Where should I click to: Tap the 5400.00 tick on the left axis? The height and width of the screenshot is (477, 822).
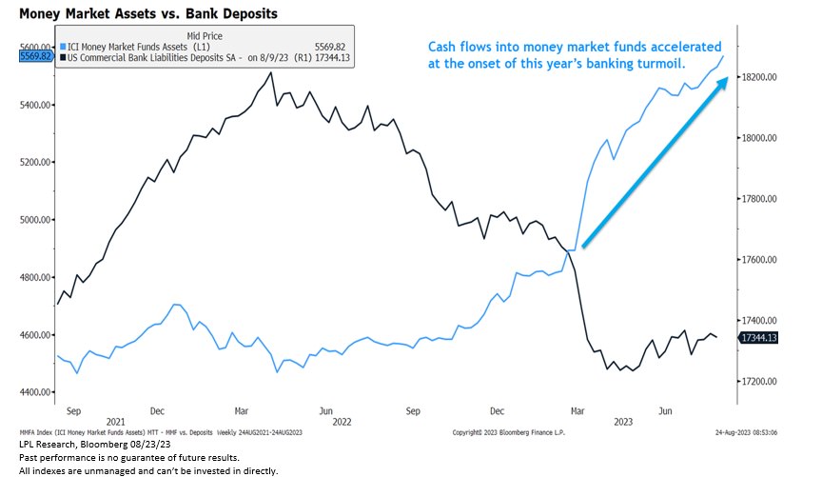(x=35, y=105)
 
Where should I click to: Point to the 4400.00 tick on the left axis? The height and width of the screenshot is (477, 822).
(x=35, y=393)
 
